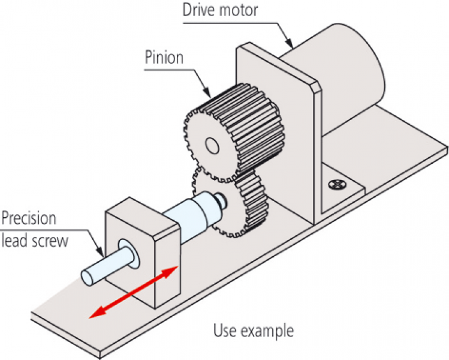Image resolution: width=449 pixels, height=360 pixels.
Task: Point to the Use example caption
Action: pyautogui.click(x=254, y=331)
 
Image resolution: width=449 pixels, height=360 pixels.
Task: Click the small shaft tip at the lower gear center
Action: pyautogui.click(x=222, y=196)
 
